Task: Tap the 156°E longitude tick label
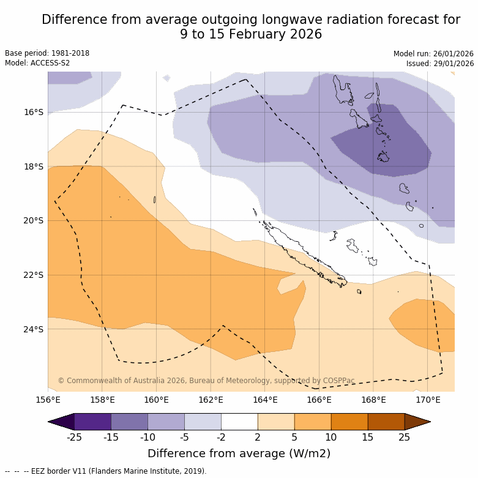pyautogui.click(x=48, y=400)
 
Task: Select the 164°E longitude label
pyautogui.click(x=265, y=400)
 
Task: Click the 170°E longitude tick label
pyautogui.click(x=428, y=400)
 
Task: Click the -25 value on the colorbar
pyautogui.click(x=74, y=437)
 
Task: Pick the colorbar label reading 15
pyautogui.click(x=368, y=437)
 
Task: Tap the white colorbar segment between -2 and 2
pyautogui.click(x=239, y=422)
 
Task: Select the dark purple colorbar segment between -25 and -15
pyautogui.click(x=92, y=422)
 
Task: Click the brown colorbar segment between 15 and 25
pyautogui.click(x=386, y=422)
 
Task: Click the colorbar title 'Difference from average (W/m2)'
pyautogui.click(x=239, y=454)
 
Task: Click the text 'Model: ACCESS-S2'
pyautogui.click(x=37, y=63)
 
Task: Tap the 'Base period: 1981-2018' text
pyautogui.click(x=47, y=53)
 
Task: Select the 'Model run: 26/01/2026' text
pyautogui.click(x=433, y=54)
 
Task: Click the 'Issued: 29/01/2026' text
pyautogui.click(x=440, y=64)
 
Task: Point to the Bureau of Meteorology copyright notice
pyautogui.click(x=206, y=381)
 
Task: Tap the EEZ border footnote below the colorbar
pyautogui.click(x=105, y=471)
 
